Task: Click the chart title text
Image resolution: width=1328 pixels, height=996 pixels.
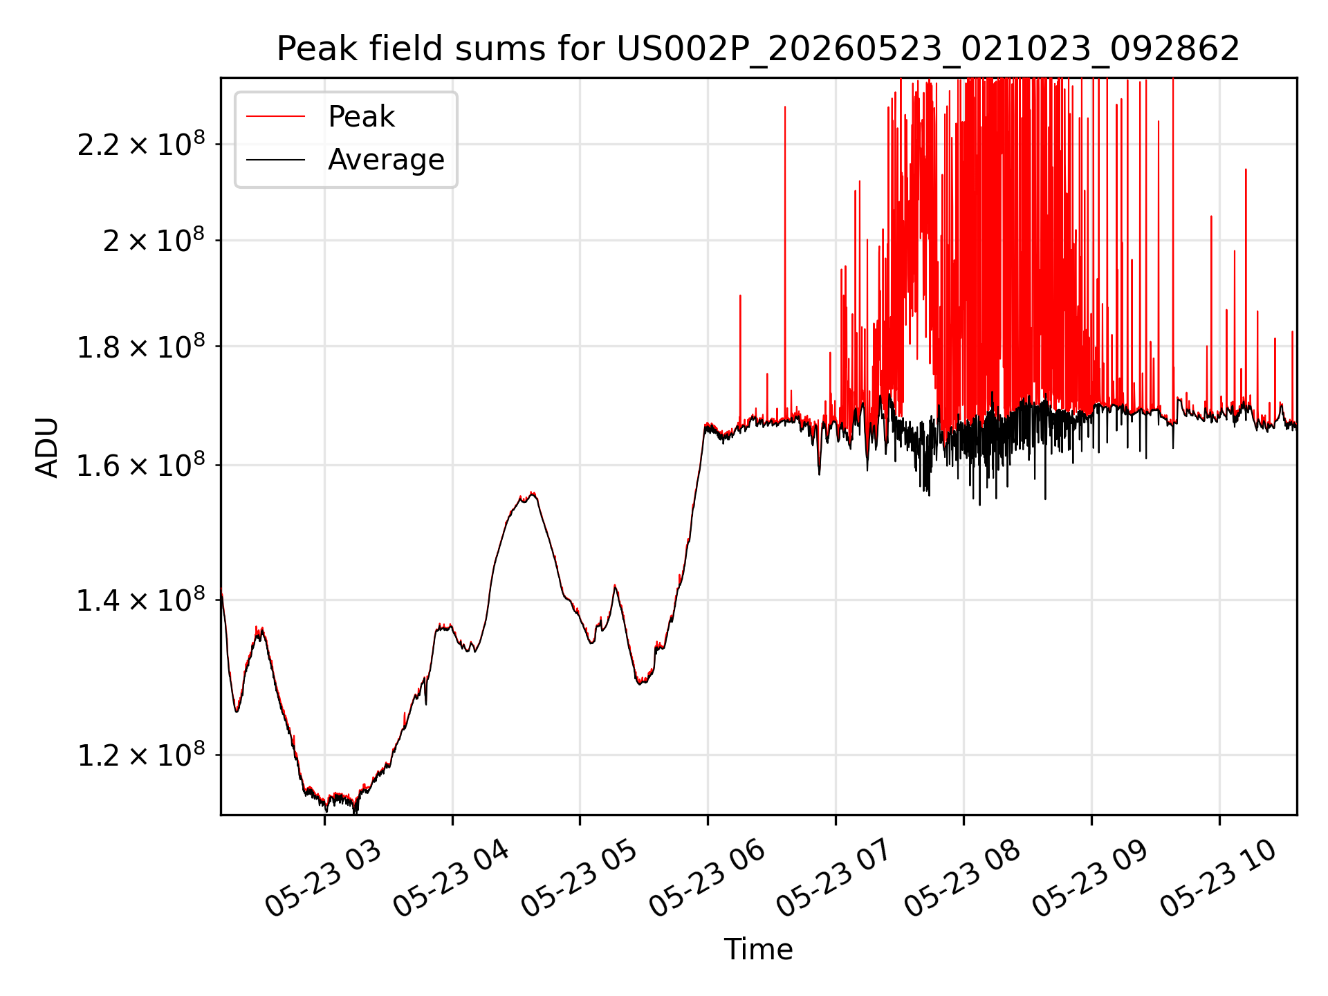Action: [x=758, y=49]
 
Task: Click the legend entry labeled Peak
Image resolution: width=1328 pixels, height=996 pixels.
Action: [x=361, y=117]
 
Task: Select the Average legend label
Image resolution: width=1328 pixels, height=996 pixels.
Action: [x=386, y=160]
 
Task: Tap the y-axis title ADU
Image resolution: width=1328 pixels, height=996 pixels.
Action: [x=47, y=447]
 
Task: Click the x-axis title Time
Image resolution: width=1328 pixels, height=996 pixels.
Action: [x=758, y=950]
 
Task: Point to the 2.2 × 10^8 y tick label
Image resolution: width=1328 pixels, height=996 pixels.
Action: [x=141, y=144]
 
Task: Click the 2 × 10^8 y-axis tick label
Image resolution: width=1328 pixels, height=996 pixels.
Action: [x=154, y=240]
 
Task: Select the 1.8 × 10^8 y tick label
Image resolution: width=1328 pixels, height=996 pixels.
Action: [x=141, y=346]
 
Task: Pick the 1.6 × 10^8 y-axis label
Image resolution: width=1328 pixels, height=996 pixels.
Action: [x=141, y=465]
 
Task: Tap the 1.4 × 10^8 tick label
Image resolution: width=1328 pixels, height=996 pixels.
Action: [x=141, y=600]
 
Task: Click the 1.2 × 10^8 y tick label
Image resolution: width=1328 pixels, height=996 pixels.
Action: [x=141, y=755]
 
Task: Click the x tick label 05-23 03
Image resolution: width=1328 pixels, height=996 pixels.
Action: [x=322, y=879]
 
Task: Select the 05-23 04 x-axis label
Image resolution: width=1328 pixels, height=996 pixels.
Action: [x=450, y=879]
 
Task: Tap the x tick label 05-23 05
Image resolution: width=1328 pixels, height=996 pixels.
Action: [x=578, y=879]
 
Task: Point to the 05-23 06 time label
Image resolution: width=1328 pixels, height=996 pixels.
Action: [x=706, y=879]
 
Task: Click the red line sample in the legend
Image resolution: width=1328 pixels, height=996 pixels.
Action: [x=275, y=116]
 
